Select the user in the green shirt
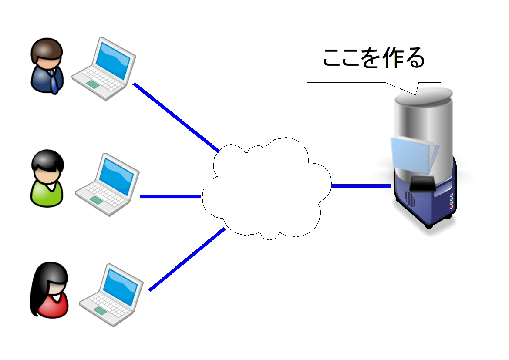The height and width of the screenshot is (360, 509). pyautogui.click(x=47, y=179)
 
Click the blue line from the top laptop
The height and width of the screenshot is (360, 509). pyautogui.click(x=176, y=117)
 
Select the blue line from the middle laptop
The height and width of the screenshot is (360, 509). pyautogui.click(x=170, y=196)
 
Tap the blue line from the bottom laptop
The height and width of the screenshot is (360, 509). pyautogui.click(x=187, y=259)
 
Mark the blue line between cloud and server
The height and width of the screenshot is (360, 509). pyautogui.click(x=361, y=186)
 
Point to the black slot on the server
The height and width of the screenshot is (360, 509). pyautogui.click(x=422, y=185)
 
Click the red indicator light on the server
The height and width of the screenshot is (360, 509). pyautogui.click(x=451, y=207)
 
